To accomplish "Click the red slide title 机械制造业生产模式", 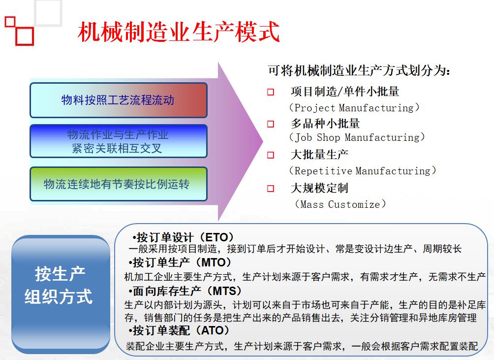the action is point(179,32).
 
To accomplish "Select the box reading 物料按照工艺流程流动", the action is point(119,100).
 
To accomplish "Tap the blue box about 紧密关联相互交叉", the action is point(119,141).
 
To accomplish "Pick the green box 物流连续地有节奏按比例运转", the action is point(119,184).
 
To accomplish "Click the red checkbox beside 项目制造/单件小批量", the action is point(271,92).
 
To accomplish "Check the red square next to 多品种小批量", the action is point(271,124).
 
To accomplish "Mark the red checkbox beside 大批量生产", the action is point(271,155).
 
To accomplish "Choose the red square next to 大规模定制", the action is point(271,189).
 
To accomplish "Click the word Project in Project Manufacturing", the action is point(315,108).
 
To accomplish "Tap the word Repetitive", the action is point(323,171).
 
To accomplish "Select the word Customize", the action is point(354,204).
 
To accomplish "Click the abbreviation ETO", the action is point(216,237).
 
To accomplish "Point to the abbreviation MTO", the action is point(213,262).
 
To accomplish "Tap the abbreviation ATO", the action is point(213,330).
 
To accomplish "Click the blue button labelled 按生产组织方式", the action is point(61,295).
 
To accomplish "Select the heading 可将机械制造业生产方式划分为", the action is point(359,70).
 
